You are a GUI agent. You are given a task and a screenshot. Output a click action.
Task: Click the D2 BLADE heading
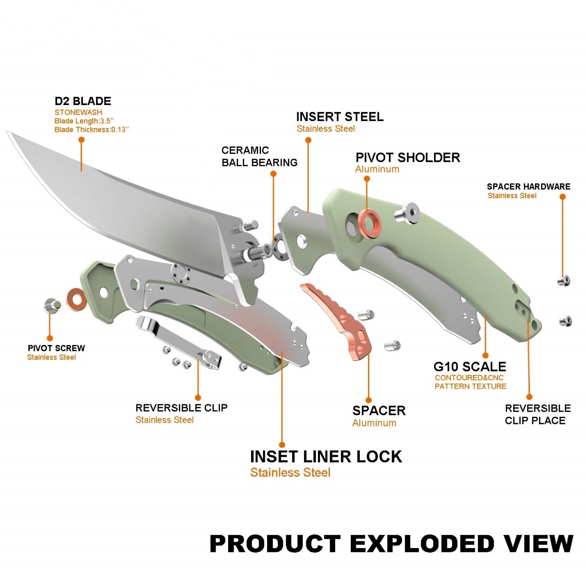pyautogui.click(x=83, y=101)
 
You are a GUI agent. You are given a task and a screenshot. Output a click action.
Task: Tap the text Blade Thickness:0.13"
pyautogui.click(x=91, y=130)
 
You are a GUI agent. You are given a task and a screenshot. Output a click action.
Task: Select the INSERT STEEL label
pyautogui.click(x=340, y=117)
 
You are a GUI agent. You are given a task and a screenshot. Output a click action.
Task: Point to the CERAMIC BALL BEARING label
pyautogui.click(x=259, y=156)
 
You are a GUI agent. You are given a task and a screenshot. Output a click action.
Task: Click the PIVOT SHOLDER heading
pyautogui.click(x=408, y=157)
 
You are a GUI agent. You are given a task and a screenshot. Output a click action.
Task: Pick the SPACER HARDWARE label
pyautogui.click(x=529, y=187)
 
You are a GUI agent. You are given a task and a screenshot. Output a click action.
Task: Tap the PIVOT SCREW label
pyautogui.click(x=56, y=348)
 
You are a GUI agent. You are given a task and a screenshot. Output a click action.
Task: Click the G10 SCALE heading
pyautogui.click(x=470, y=366)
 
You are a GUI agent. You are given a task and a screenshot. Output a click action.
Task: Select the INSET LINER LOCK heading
pyautogui.click(x=326, y=456)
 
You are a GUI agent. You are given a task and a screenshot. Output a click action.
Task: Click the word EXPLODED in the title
pyautogui.click(x=422, y=543)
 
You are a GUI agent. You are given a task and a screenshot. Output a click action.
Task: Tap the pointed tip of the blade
pyautogui.click(x=8, y=133)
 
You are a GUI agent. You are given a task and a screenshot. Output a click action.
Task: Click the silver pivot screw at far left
pyautogui.click(x=52, y=306)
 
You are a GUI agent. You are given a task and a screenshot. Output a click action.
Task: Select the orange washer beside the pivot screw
pyautogui.click(x=77, y=300)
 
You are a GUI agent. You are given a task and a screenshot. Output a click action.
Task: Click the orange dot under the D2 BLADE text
pyautogui.click(x=82, y=139)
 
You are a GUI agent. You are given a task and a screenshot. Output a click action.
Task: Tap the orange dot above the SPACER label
pyautogui.click(x=368, y=400)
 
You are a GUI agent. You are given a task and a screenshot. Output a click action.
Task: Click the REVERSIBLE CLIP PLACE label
pyautogui.click(x=538, y=414)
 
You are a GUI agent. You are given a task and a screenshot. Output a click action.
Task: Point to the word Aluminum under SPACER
pyautogui.click(x=374, y=423)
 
